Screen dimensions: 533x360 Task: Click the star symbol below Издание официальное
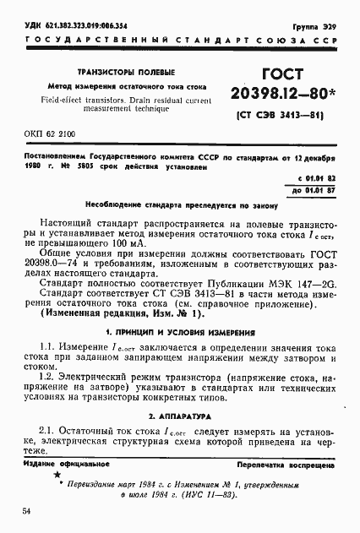(46, 476)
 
